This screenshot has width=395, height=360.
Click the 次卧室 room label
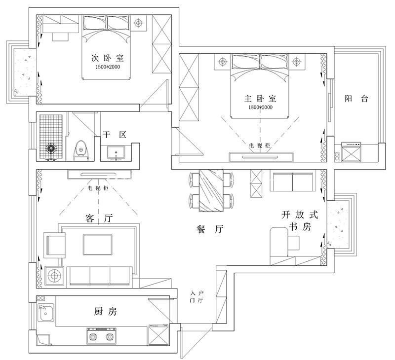108,58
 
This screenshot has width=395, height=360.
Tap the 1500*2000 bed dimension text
108,67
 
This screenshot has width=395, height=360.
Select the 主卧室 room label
260,98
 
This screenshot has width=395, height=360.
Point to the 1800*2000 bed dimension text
260,107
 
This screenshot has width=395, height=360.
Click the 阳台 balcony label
356,98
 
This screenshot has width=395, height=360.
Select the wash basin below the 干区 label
116,153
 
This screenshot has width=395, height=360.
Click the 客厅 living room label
99,218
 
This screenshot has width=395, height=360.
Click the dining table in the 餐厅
211,190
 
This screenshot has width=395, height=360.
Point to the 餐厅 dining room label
209,229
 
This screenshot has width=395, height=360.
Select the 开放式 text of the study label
300,215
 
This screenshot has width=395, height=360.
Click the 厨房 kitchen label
105,312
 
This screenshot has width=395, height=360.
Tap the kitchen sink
46,313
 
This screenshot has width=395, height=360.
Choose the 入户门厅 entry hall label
197,297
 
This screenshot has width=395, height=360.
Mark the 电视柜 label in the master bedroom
260,145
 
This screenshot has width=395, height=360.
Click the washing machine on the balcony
351,152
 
